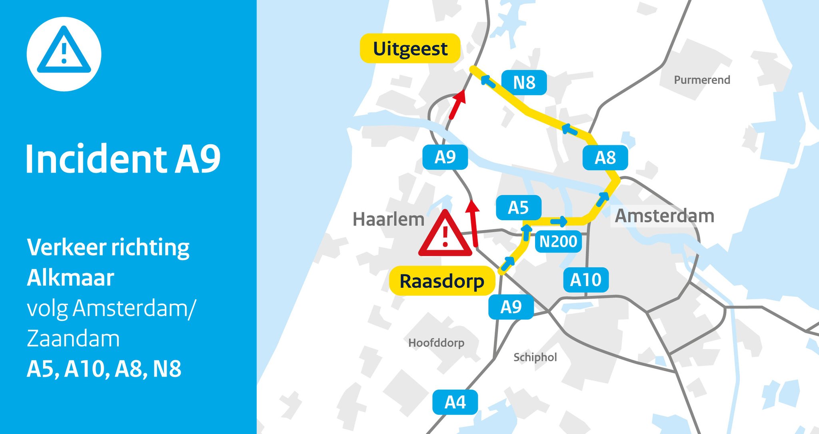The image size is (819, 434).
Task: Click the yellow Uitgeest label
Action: pos(410,48)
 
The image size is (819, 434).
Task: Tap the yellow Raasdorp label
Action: pos(442,281)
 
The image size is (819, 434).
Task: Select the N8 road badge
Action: pos(524,83)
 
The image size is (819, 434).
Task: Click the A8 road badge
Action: pos(605,158)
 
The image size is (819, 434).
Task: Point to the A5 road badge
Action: pos(518,208)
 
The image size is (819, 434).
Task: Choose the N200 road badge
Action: pos(558,241)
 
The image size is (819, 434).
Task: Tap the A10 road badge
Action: pos(585,280)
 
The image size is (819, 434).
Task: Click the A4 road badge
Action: pos(455,402)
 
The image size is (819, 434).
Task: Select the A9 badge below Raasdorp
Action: pos(511,307)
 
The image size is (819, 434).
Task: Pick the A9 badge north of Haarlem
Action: pos(445,157)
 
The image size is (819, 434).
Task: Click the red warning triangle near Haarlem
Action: pos(445,235)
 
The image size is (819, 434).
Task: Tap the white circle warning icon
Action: pos(64,54)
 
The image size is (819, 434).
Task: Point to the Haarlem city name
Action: pos(388,219)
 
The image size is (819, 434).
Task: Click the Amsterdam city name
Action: pos(664,216)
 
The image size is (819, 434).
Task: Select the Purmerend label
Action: pos(702,80)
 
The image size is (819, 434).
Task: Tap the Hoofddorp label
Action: pos(436,343)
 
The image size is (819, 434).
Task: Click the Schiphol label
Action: pos(535,357)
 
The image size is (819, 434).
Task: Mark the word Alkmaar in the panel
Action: pos(70,278)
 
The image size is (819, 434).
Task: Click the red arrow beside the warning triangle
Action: pos(473,224)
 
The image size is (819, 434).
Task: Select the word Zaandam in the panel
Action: pos(73,338)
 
